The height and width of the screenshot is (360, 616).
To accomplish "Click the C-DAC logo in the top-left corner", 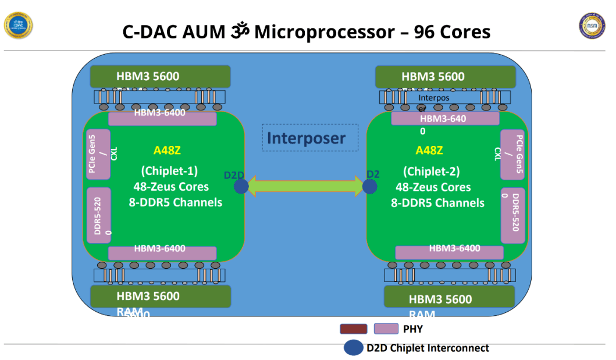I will (x=19, y=25).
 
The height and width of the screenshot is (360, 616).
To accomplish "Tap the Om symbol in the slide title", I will (x=239, y=31).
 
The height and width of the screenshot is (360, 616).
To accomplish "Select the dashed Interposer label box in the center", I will (x=310, y=138).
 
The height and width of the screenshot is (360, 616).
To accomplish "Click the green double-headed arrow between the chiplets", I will (x=306, y=186).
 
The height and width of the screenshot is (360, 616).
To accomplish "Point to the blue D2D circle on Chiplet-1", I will (x=241, y=186).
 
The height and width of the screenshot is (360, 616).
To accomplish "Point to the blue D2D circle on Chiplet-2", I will (x=370, y=186).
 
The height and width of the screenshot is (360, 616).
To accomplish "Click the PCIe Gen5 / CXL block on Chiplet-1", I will (x=98, y=154).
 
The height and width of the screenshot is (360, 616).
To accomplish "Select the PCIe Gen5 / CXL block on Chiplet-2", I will (x=512, y=154).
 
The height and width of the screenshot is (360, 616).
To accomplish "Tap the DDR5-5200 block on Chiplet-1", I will (x=98, y=215).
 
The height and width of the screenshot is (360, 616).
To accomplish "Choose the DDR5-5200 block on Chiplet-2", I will (x=512, y=215).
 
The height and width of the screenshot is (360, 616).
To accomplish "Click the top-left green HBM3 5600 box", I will (x=161, y=77).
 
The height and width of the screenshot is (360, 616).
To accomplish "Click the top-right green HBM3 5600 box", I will (x=445, y=77).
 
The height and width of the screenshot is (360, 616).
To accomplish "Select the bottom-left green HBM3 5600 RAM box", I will (x=161, y=296).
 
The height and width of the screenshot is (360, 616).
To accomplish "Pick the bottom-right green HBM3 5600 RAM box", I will (x=449, y=297).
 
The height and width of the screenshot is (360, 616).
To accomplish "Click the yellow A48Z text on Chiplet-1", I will (x=167, y=151).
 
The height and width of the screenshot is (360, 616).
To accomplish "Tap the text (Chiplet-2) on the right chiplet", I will (x=431, y=172).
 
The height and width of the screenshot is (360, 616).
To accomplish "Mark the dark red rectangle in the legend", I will (x=353, y=329).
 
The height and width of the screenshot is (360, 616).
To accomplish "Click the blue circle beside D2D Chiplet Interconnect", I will (x=352, y=348).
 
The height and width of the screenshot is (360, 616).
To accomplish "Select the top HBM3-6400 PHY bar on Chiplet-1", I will (x=162, y=118).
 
